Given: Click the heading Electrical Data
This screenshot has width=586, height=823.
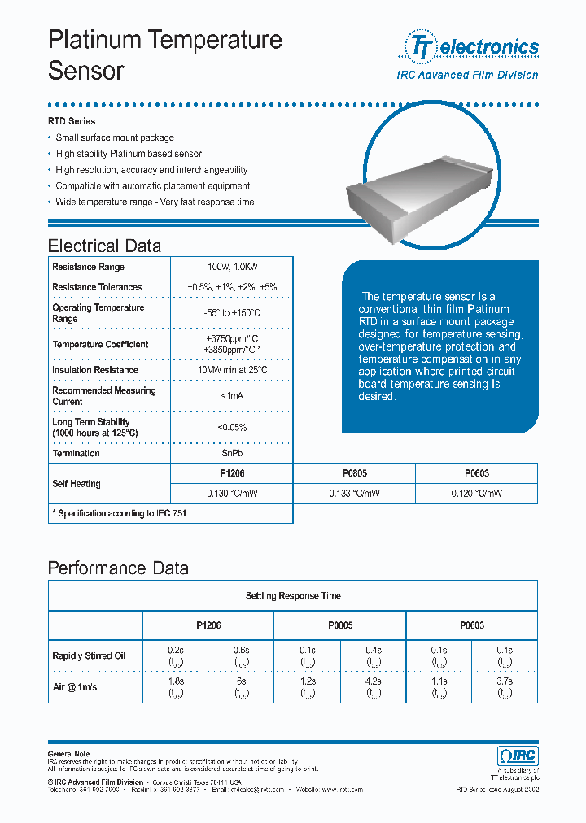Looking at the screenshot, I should (104, 246).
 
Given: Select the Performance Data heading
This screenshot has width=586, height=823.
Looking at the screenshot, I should (118, 568).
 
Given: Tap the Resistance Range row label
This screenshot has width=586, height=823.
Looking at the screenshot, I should (88, 267).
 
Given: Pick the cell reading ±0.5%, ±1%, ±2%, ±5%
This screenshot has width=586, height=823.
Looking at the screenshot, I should (231, 287).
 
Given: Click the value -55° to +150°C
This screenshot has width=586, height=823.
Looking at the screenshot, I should (231, 313).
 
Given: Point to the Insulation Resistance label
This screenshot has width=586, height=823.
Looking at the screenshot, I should (95, 370).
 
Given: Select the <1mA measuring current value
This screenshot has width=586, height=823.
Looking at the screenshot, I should (231, 396).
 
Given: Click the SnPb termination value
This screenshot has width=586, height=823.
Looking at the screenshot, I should (231, 454).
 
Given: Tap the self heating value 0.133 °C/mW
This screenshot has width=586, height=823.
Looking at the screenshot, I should (354, 494).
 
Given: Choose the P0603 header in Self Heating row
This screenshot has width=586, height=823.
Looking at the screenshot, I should (476, 473).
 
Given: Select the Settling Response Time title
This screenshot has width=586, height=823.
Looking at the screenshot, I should (293, 596).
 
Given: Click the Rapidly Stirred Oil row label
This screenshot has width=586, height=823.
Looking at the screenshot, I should (89, 656).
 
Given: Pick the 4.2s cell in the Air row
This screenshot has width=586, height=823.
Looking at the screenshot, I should (372, 681).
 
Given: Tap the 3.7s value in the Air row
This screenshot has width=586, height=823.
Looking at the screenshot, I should (504, 681).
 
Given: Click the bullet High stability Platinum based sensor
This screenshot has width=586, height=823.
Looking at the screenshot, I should (129, 154).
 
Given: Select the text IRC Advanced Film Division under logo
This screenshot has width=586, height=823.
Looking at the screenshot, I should (466, 75).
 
